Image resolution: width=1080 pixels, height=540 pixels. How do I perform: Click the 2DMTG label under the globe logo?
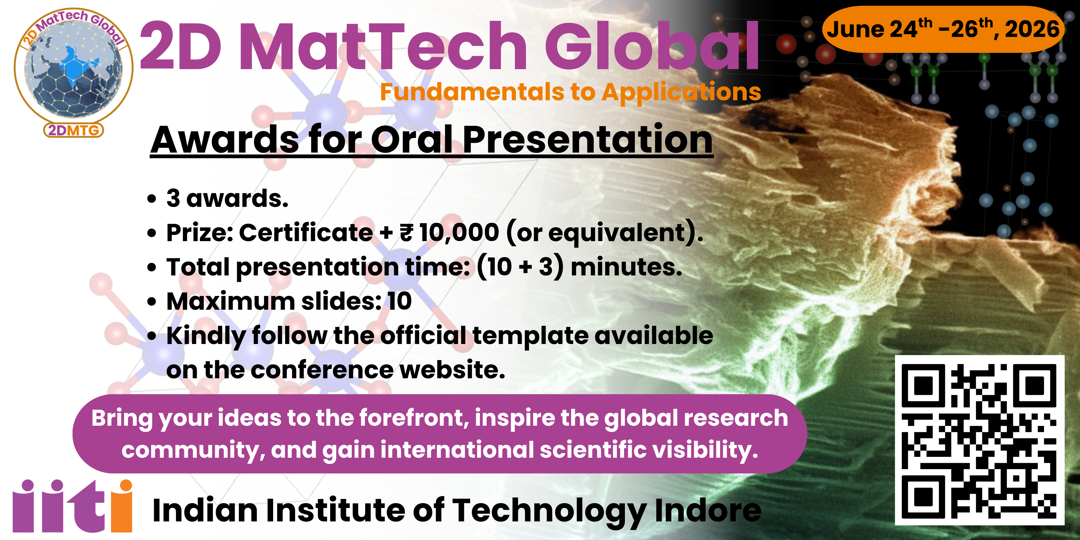[x=73, y=130]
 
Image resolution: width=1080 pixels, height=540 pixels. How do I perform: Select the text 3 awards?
[x=227, y=198]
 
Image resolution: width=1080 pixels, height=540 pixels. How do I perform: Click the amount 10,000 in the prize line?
[x=459, y=232]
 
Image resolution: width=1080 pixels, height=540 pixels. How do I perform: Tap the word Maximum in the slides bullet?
[x=231, y=301]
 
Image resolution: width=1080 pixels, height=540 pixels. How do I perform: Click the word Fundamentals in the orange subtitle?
[x=472, y=92]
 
